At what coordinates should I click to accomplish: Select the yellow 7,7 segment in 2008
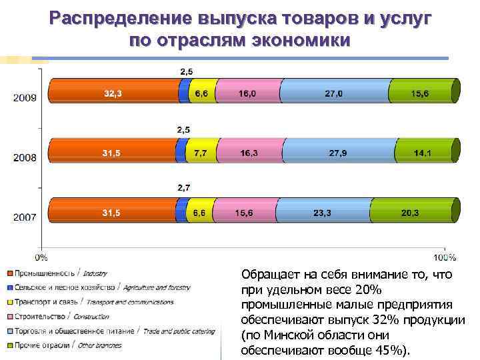(201, 152)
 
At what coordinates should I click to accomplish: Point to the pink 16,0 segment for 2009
(247, 93)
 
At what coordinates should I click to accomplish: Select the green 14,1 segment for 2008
(423, 152)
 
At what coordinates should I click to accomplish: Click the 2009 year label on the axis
(25, 97)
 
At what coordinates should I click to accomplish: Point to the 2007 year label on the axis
(25, 217)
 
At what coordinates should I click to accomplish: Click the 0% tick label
(41, 256)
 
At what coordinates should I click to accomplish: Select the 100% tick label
(445, 257)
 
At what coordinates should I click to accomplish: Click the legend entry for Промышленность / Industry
(57, 273)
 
